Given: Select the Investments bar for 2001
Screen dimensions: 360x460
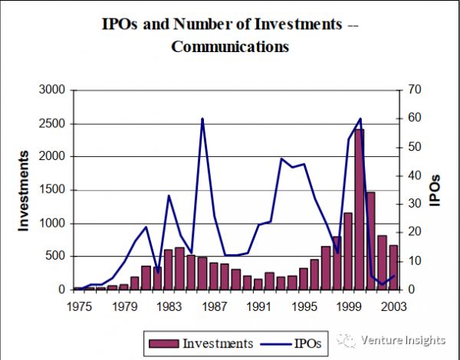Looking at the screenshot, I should pos(370,241).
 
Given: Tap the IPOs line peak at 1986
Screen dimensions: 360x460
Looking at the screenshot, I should pos(202,119).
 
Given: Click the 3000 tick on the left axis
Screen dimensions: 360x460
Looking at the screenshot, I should pos(52,90).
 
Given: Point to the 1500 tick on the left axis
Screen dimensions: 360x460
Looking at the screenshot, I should pos(52,190).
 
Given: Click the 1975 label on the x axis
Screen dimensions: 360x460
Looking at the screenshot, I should pos(78,306).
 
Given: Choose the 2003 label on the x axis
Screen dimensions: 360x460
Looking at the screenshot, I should pos(393,306).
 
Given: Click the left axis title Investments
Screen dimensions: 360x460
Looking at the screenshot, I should pos(24,190).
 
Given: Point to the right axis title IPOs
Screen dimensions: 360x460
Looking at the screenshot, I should pos(435,190).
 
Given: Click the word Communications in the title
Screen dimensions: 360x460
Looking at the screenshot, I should pos(230,46).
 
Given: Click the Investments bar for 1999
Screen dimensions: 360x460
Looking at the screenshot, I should pos(347,251).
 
